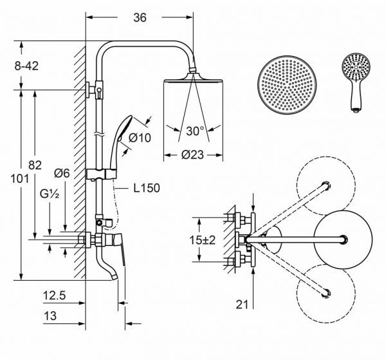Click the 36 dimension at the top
tap(140, 17)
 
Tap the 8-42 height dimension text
tap(26, 66)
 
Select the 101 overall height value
tap(19, 178)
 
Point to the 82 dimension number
tap(35, 165)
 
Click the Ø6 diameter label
tap(62, 173)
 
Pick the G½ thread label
tap(50, 194)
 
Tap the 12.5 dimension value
tap(55, 296)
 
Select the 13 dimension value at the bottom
tap(50, 316)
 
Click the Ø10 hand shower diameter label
tap(140, 138)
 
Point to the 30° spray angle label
tap(195, 131)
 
